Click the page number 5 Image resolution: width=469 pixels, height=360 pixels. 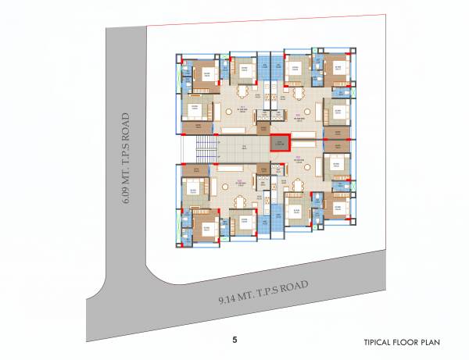click(234, 340)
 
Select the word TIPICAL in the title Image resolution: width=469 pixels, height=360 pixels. click(379, 342)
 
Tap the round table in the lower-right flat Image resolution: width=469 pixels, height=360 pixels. click(300, 187)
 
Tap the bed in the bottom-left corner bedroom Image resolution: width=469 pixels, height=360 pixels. click(206, 229)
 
